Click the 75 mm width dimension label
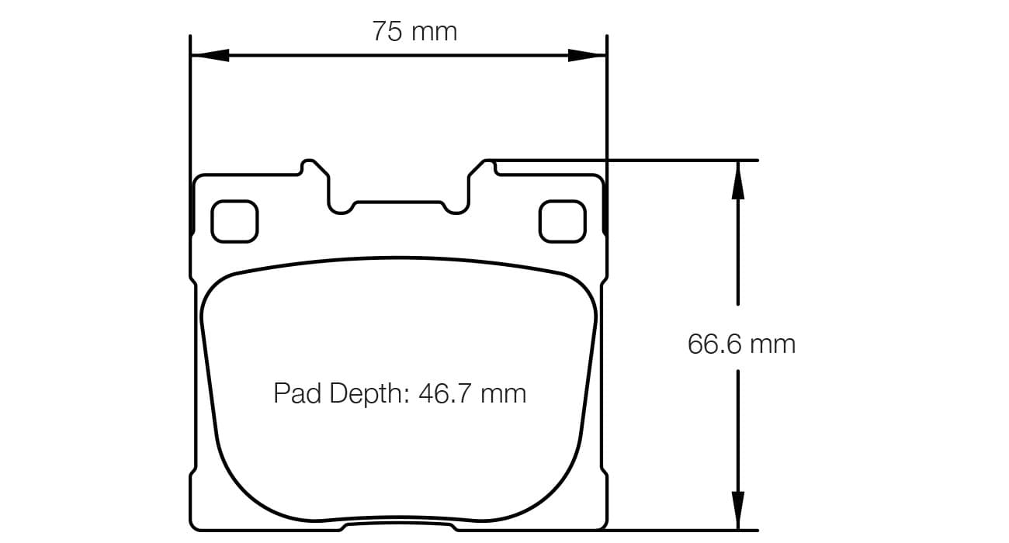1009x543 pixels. click(414, 32)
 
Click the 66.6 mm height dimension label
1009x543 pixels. click(741, 344)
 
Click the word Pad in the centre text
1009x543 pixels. click(297, 393)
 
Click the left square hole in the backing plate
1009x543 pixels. click(234, 220)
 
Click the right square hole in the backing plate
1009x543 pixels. click(562, 220)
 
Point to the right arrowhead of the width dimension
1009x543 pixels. click(587, 55)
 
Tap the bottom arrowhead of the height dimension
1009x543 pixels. click(737, 511)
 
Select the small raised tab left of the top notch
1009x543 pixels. click(312, 166)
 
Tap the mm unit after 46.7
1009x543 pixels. click(504, 393)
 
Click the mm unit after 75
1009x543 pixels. click(435, 32)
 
